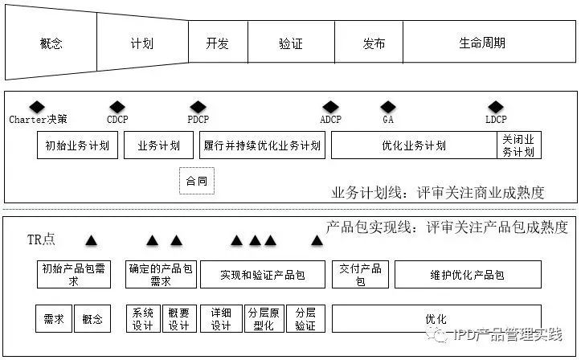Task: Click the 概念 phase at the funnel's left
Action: tap(51, 43)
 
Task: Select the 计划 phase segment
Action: tap(141, 43)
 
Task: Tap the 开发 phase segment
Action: tap(218, 43)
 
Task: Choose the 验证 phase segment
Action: tap(291, 43)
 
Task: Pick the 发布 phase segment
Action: tap(368, 43)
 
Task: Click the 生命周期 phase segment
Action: tap(482, 43)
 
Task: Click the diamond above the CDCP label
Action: tap(117, 107)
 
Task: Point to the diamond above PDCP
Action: tap(198, 107)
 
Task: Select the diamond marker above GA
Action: tap(388, 107)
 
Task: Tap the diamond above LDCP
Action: tap(496, 107)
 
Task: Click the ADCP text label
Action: tap(331, 120)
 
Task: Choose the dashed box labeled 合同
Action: tap(196, 182)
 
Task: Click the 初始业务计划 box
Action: tap(78, 145)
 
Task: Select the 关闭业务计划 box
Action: tap(518, 145)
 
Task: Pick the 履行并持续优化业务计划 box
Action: tap(262, 145)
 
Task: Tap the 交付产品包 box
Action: tap(360, 275)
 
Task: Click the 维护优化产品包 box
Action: tap(467, 275)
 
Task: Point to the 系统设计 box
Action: tap(143, 318)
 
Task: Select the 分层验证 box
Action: tap(305, 318)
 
